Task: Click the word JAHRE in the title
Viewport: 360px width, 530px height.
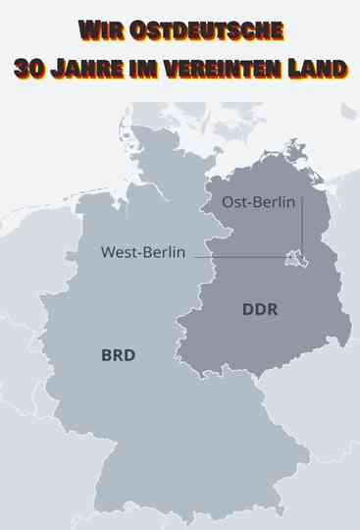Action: coord(92,68)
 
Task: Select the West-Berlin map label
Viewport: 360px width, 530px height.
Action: coord(143,252)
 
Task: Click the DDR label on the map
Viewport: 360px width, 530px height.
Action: coord(260,310)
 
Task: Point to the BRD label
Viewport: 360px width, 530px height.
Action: coord(119,355)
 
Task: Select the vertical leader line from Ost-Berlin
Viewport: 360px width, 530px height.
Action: coord(302,226)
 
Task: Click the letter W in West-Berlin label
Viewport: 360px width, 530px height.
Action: coord(107,252)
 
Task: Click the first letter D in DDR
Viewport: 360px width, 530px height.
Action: coord(248,310)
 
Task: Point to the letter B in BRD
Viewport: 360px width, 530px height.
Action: coord(107,355)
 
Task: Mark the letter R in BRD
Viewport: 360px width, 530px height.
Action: coord(119,355)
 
